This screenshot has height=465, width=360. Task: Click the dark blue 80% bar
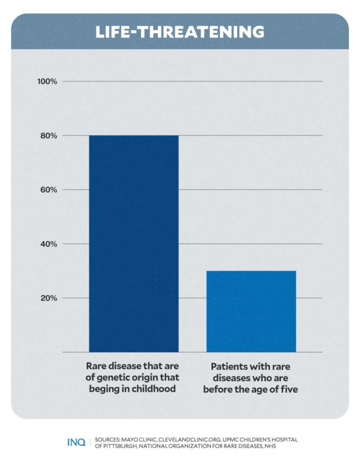tap(134, 244)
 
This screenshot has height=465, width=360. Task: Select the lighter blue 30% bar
tap(251, 311)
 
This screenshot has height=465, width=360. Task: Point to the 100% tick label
tap(47, 81)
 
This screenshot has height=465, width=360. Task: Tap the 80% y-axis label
tap(48, 136)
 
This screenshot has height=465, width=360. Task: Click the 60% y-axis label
tap(48, 190)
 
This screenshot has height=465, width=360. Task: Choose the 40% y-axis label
tap(48, 244)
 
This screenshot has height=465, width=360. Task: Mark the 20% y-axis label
tap(48, 298)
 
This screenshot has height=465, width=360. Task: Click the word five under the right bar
tap(287, 389)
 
